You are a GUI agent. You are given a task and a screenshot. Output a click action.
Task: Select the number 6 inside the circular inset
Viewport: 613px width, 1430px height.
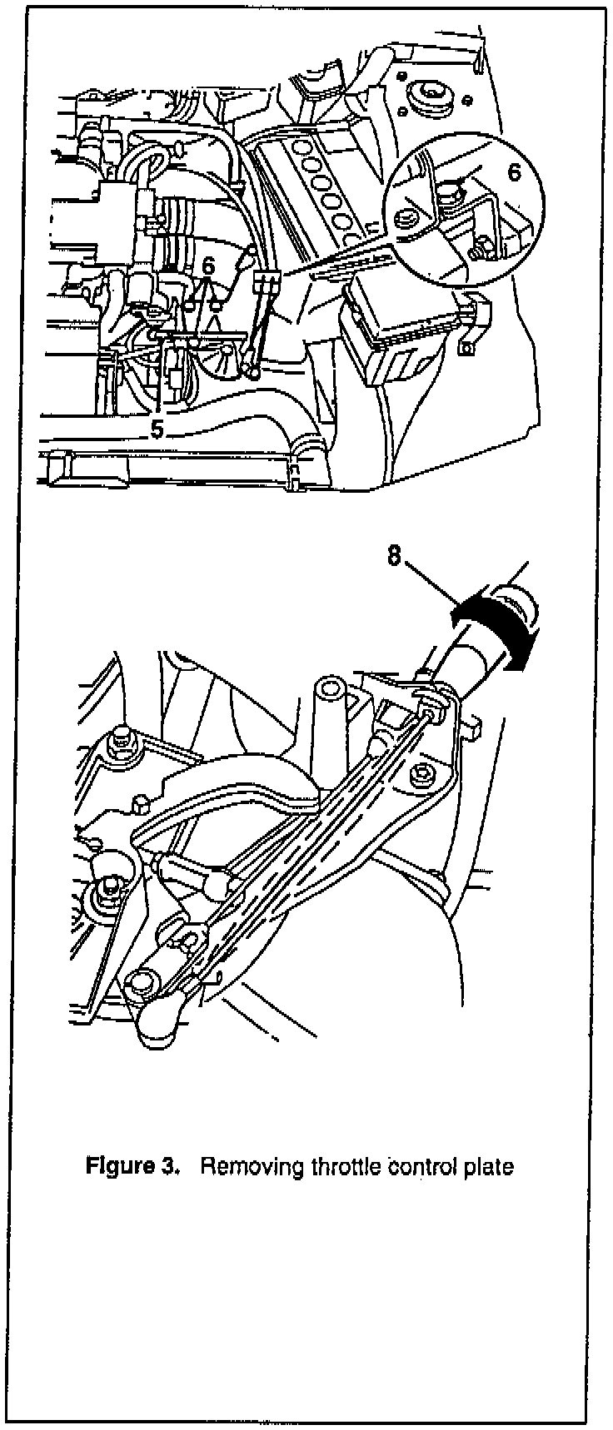point(514,172)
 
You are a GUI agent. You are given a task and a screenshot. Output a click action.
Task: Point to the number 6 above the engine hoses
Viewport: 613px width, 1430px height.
point(208,265)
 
